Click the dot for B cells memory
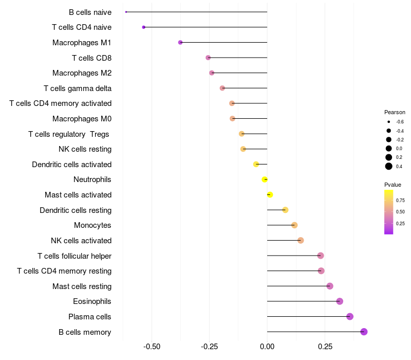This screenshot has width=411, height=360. point(364,332)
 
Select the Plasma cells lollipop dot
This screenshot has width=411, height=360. point(350,316)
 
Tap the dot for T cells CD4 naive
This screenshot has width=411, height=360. point(144,27)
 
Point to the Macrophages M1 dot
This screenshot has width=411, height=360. point(180,42)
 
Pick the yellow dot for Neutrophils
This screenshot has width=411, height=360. point(265,179)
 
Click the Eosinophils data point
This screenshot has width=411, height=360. point(340,301)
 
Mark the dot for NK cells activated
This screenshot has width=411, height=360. point(301,241)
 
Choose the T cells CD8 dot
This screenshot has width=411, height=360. point(208,58)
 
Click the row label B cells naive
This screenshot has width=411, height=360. point(90,12)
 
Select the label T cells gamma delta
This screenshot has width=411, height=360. point(78,88)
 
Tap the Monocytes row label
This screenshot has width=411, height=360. point(92,225)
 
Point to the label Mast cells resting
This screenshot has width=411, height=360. point(82,286)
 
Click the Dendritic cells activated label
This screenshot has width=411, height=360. point(71,165)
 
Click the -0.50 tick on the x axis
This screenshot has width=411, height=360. point(152,347)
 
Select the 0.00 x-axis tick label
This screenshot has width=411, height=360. point(267,347)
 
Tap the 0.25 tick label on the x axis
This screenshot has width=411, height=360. point(325,347)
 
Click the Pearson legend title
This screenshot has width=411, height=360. point(395,112)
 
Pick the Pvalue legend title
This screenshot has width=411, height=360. point(393,185)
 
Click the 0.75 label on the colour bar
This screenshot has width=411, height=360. point(400,200)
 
